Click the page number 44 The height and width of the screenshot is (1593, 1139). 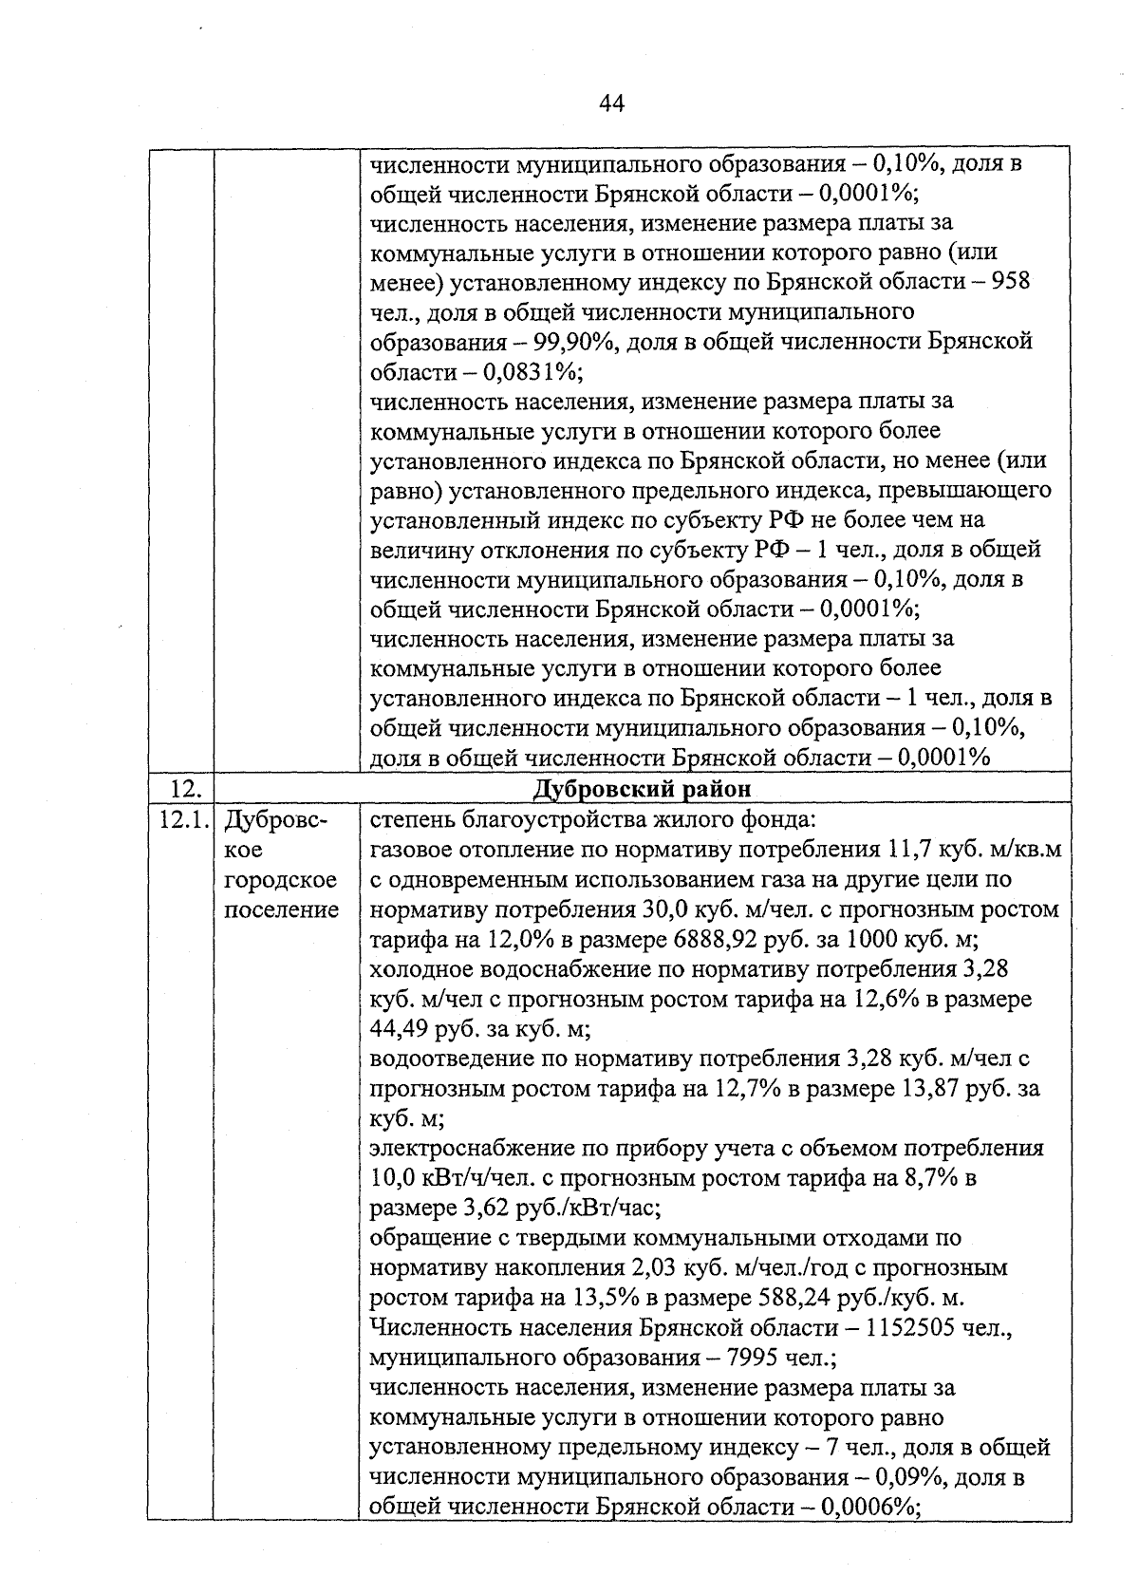point(611,103)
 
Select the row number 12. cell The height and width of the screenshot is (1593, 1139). point(179,789)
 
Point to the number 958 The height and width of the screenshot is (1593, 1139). point(1010,282)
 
